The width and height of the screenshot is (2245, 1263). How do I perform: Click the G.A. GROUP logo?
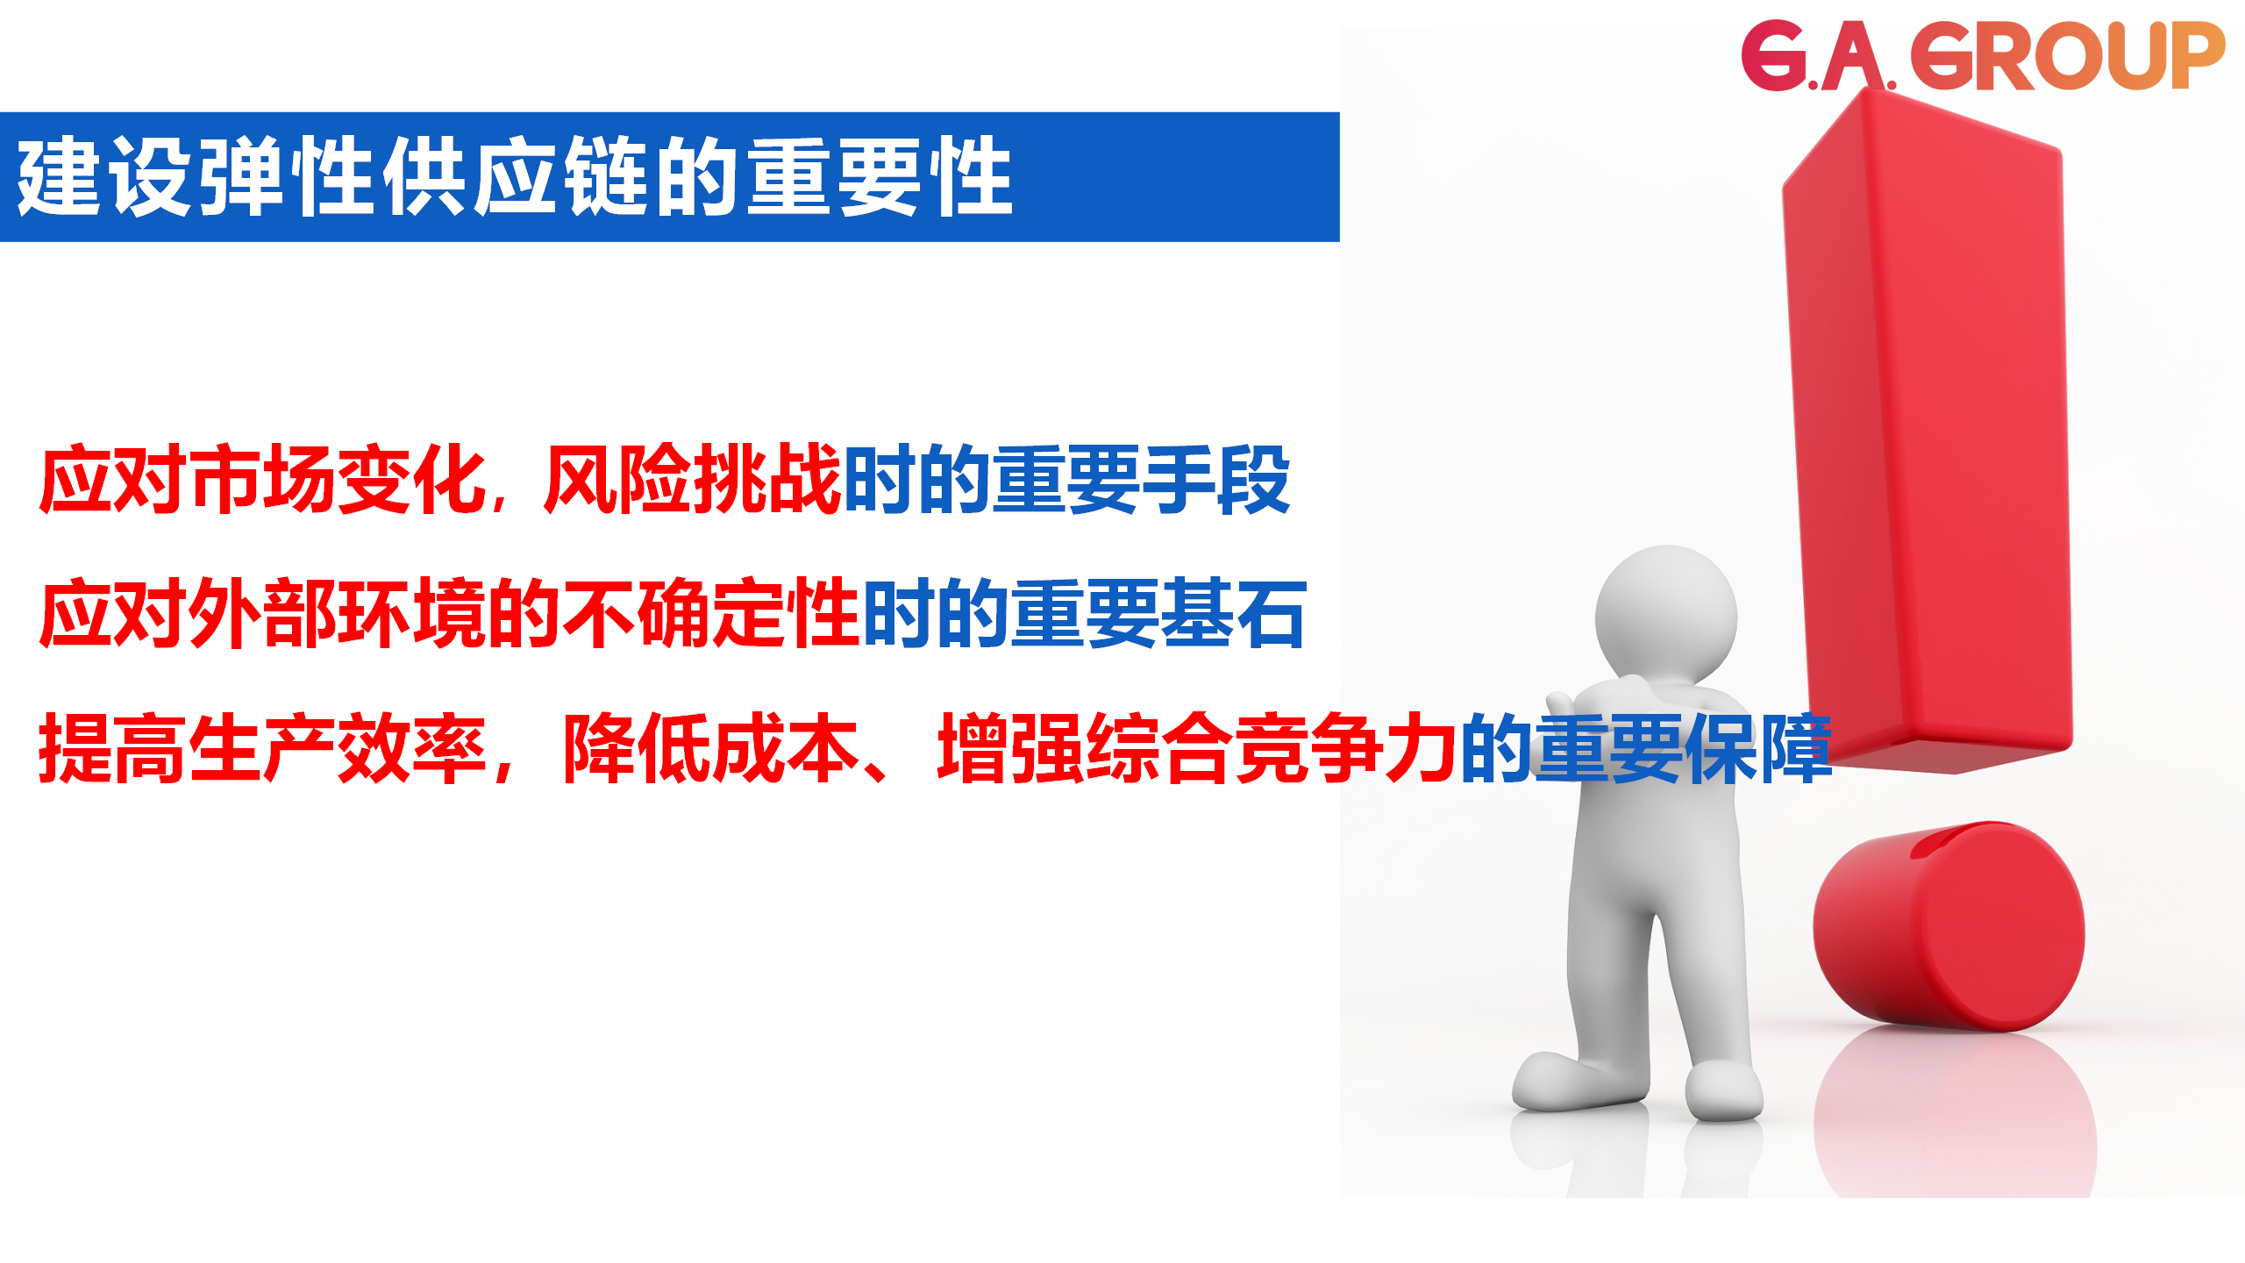[x=1982, y=56]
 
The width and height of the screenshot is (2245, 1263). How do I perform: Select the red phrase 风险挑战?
[x=692, y=480]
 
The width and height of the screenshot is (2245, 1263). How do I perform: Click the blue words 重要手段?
[x=1140, y=480]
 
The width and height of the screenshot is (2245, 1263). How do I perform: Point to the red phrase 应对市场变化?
[x=262, y=480]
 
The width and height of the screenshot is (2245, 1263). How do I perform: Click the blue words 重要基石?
[x=1158, y=614]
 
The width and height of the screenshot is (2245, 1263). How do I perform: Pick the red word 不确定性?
[x=710, y=614]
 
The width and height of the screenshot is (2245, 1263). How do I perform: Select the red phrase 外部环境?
[x=337, y=614]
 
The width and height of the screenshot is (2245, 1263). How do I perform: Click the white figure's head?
[x=1666, y=614]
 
